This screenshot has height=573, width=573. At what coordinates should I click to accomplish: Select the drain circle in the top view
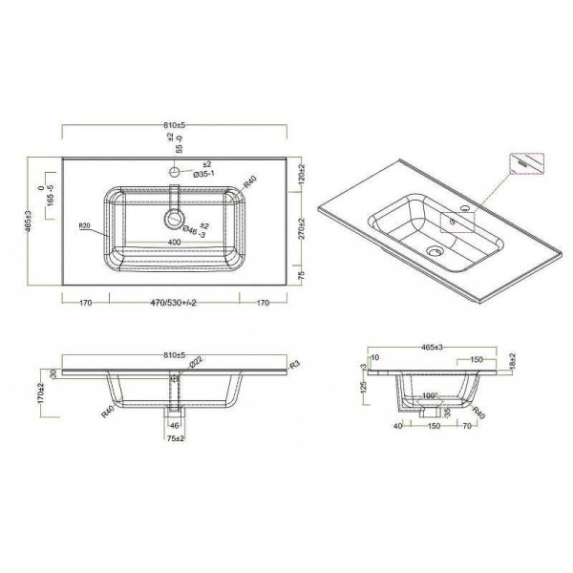click(175, 219)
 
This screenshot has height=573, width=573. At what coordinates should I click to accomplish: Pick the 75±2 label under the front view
click(176, 440)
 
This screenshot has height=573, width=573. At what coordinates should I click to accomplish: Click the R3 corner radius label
click(295, 364)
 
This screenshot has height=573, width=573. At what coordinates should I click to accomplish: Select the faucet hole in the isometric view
click(464, 208)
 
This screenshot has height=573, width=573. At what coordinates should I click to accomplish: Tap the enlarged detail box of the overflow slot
click(523, 163)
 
